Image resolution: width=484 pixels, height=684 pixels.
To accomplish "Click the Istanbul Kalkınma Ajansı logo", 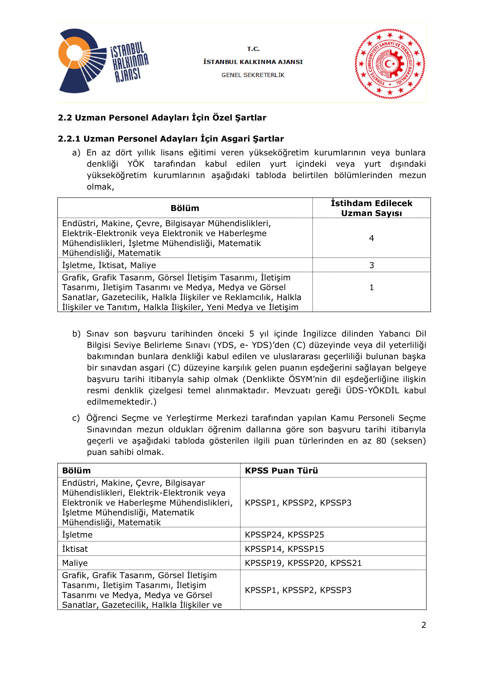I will coord(103,61).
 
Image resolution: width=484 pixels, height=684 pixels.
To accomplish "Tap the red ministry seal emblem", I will coord(390,63).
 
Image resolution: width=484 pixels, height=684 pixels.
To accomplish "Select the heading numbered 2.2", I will coord(162,118).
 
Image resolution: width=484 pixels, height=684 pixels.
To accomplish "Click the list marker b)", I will coord(76,334).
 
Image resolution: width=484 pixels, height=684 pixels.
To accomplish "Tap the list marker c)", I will coord(76,418).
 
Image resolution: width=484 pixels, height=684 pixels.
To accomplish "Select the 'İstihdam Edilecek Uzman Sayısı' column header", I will coord(371,208).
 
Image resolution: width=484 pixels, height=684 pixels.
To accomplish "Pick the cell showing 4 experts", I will coord(371,238).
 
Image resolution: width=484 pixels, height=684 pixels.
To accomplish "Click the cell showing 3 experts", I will coord(371,265).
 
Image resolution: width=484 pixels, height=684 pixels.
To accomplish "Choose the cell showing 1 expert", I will coord(371,287).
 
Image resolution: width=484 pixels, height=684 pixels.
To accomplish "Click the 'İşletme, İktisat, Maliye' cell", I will coord(109,265).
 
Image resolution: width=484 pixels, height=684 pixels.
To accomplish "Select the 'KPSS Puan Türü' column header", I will coord(281,470).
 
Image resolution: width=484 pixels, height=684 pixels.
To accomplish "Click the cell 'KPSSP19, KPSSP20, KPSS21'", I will coord(303,563).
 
